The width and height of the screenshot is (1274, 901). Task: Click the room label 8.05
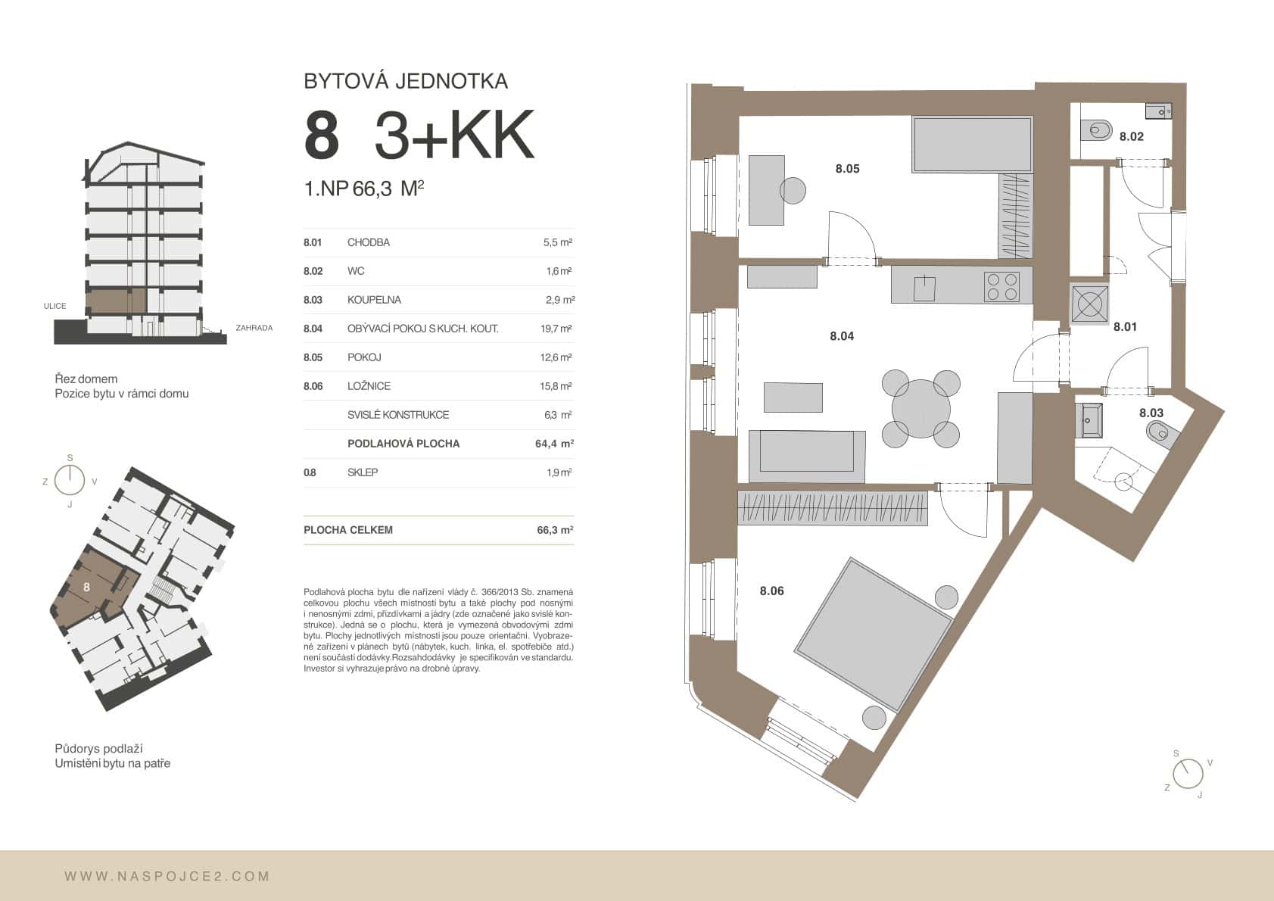click(x=847, y=169)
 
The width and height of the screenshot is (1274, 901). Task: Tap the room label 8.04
click(x=841, y=336)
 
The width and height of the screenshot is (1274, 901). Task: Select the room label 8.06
click(x=771, y=591)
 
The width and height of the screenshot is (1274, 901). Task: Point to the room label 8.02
click(x=1131, y=137)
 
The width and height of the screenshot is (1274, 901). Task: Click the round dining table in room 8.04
click(x=920, y=409)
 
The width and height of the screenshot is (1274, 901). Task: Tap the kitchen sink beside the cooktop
click(x=925, y=288)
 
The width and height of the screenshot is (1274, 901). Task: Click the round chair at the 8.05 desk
click(x=793, y=190)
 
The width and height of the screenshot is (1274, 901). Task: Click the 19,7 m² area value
click(x=556, y=329)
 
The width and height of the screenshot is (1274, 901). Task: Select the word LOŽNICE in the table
click(x=369, y=386)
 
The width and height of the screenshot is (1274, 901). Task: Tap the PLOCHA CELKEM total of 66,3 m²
click(x=555, y=530)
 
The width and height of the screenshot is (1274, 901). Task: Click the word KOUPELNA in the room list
click(x=374, y=300)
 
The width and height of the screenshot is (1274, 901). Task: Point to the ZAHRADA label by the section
click(x=254, y=328)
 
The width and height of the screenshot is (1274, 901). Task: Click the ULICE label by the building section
click(x=55, y=306)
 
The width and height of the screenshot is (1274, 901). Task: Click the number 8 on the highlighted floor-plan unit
click(x=87, y=587)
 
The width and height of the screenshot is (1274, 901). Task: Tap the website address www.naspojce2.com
click(x=167, y=876)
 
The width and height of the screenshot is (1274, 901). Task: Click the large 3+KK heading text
click(x=454, y=136)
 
